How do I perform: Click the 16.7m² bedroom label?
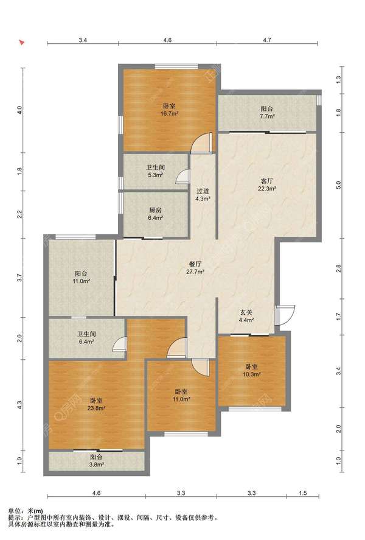click(169, 110)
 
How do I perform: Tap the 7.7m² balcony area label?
click(267, 112)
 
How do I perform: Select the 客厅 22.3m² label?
click(267, 184)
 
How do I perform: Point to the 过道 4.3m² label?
click(203, 195)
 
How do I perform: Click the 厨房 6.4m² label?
click(155, 214)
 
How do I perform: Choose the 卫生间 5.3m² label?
click(155, 171)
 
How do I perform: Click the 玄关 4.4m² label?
click(246, 316)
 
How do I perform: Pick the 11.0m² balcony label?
click(81, 277)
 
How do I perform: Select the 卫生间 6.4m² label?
click(86, 337)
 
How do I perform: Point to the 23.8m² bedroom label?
click(96, 404)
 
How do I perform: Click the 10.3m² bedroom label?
click(252, 370)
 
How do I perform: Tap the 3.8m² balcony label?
click(96, 460)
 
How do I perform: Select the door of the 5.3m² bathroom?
click(183, 176)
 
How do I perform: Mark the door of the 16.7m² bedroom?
click(203, 143)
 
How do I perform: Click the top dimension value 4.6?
click(167, 40)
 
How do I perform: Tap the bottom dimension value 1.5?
click(303, 493)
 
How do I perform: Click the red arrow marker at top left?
click(22, 43)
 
